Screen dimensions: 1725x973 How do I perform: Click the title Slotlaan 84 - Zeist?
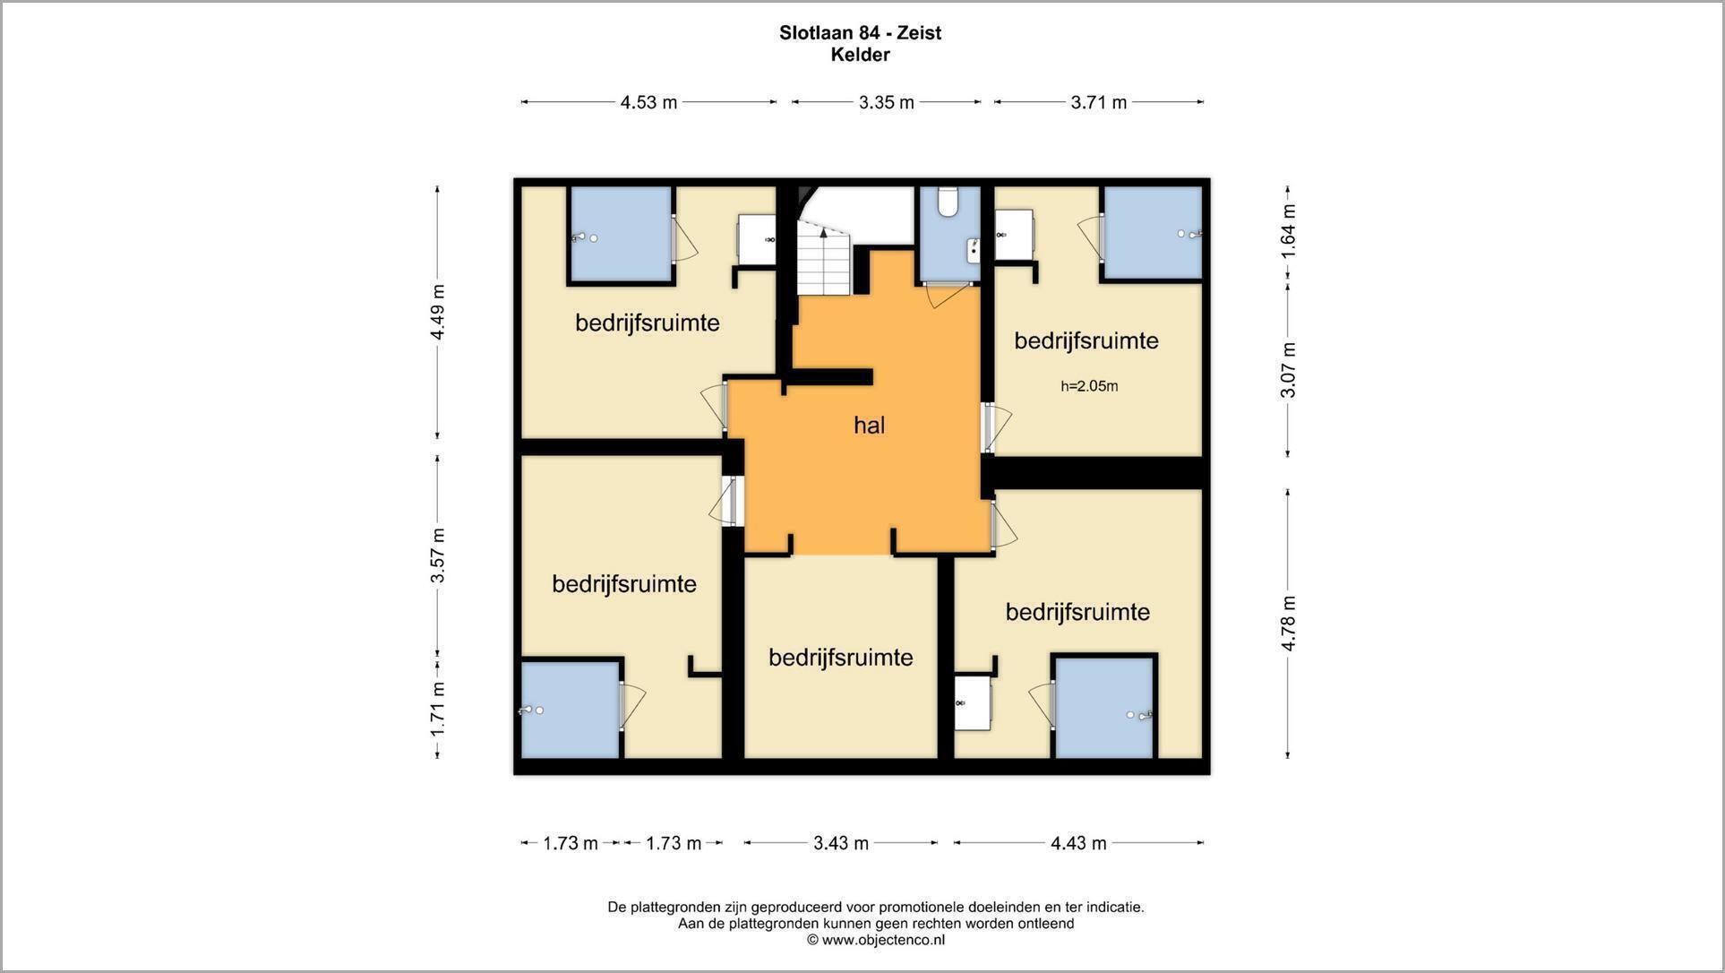point(860,33)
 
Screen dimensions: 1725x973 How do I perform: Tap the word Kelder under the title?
point(860,55)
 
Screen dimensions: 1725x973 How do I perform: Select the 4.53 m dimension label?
point(648,102)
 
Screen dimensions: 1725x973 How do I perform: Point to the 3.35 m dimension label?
point(887,102)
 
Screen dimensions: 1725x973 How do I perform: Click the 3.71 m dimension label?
point(1099,102)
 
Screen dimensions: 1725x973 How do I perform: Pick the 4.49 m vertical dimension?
point(437,312)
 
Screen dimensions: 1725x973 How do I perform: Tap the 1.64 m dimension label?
point(1288,232)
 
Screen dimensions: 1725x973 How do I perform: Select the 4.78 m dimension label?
point(1288,624)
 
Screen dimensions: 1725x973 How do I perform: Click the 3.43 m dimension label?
point(841,843)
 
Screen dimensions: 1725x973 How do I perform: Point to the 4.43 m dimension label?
point(1078,843)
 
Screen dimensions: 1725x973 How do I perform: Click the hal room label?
point(869,425)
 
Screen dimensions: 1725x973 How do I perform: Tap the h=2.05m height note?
point(1089,386)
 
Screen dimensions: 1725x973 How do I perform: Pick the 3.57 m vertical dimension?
point(437,555)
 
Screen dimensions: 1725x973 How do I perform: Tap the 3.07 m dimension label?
point(1288,370)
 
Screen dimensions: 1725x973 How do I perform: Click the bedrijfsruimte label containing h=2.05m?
point(1086,340)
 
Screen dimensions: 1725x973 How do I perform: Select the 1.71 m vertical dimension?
point(437,710)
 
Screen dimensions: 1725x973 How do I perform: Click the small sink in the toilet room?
point(974,250)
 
